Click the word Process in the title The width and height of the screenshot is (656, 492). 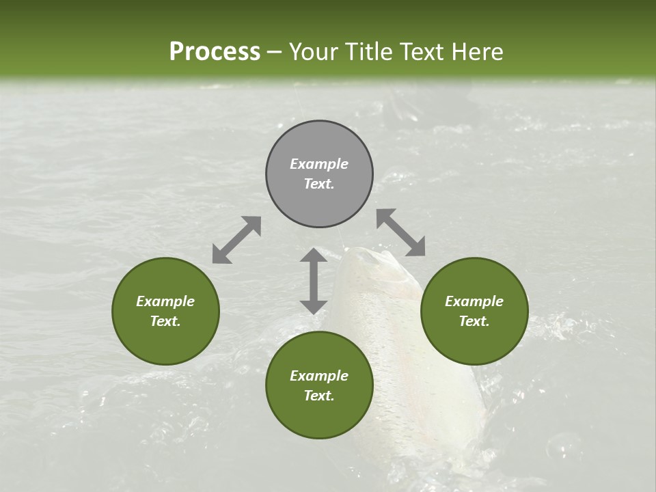(x=215, y=52)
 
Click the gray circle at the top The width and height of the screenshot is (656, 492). (x=319, y=174)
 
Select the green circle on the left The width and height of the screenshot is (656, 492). (x=165, y=311)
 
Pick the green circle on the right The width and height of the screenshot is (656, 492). (x=474, y=311)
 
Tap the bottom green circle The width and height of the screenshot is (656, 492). (x=319, y=385)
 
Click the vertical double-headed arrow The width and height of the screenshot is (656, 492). (x=314, y=281)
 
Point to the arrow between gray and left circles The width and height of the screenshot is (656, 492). (x=236, y=240)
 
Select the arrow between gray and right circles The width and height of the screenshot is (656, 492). (x=401, y=232)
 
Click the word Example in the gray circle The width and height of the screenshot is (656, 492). (x=319, y=164)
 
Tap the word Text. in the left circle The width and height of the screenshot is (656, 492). (x=165, y=321)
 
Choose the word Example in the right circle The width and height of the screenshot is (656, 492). (x=474, y=301)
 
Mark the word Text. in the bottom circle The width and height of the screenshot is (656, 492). (x=319, y=396)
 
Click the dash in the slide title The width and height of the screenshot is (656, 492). (x=274, y=53)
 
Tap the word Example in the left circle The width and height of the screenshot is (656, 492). (x=165, y=301)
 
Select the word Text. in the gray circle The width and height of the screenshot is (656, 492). (x=319, y=184)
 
